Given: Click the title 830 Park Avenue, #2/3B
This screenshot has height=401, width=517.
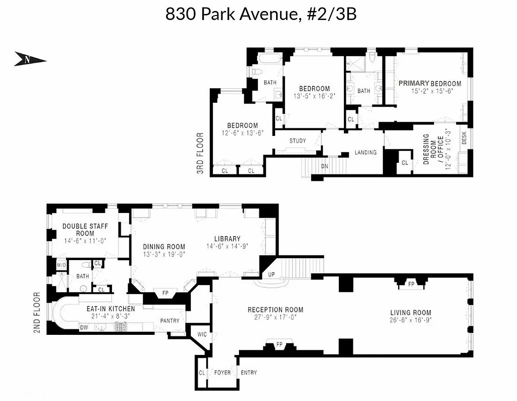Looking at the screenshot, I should pos(261,14).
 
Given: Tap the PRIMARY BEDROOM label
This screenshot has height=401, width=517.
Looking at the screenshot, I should pos(430,83).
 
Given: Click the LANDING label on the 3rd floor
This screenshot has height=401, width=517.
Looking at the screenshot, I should pos(365,152).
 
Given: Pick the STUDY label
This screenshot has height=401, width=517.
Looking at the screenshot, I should pos(297,141).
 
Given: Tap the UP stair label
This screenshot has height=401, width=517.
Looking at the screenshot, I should pos(271,275).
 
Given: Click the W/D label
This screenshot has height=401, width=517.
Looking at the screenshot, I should pos(61,265).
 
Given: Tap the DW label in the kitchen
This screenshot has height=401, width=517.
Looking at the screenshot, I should pos(85,328).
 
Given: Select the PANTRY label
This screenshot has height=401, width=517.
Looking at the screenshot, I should pos(170,321).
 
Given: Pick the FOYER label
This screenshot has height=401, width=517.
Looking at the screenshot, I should pos(222,372).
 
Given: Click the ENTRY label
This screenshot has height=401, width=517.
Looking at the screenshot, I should pos(248,372).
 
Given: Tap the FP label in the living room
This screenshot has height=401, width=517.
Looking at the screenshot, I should pos(411,283).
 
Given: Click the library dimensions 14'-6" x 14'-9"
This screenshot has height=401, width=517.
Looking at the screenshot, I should pos(227,246).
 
